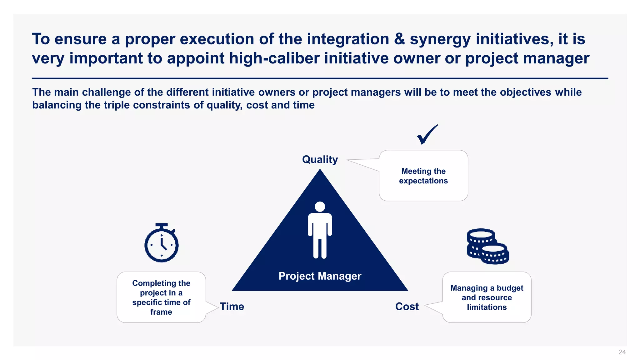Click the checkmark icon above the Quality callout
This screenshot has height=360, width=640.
pyautogui.click(x=427, y=135)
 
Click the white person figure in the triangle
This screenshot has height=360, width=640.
pyautogui.click(x=320, y=230)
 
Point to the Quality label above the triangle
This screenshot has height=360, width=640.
pyautogui.click(x=320, y=159)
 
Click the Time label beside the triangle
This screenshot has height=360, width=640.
pyautogui.click(x=232, y=307)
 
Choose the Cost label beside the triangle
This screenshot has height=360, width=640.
pyautogui.click(x=407, y=307)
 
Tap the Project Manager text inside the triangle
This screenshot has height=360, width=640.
pyautogui.click(x=320, y=276)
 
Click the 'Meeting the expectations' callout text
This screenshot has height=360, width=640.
pyautogui.click(x=423, y=176)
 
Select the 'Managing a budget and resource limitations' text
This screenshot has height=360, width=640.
pyautogui.click(x=487, y=297)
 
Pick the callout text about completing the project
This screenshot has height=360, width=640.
pyautogui.click(x=161, y=297)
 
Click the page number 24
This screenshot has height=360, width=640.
pyautogui.click(x=622, y=352)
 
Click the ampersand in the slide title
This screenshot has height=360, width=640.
pyautogui.click(x=399, y=39)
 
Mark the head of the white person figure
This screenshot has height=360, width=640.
pyautogui.click(x=320, y=207)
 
